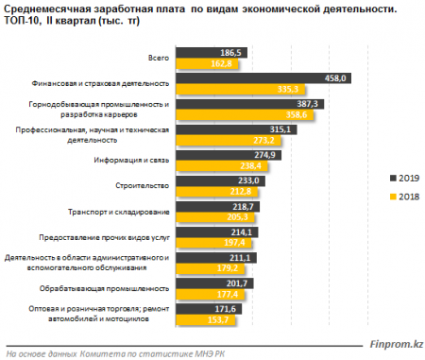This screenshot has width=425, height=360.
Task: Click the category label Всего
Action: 159,58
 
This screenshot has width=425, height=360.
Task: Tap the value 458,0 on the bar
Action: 337,77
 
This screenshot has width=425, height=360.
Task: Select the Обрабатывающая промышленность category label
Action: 118,288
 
